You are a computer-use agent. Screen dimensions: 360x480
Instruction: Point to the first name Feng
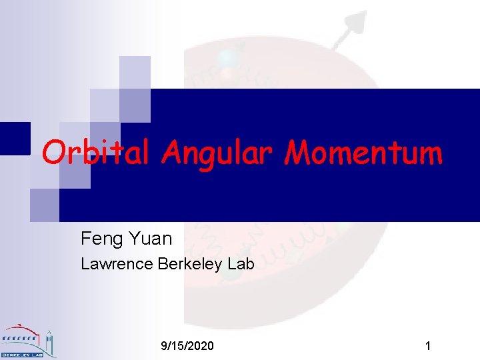click(99, 238)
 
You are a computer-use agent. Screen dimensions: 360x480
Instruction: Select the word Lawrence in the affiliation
click(117, 264)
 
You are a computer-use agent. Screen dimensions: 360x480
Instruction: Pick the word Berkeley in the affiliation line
click(191, 264)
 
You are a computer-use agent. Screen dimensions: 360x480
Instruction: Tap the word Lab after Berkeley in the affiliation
click(241, 264)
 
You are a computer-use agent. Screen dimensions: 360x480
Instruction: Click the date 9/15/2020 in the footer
click(188, 346)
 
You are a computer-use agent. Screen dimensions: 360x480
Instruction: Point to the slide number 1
click(428, 346)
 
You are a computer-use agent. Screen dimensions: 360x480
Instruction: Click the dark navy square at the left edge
click(15, 139)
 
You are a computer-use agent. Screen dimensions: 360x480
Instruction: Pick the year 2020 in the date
click(201, 346)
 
